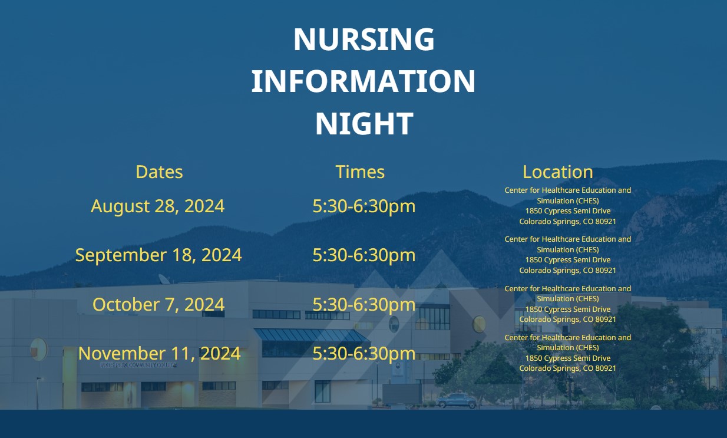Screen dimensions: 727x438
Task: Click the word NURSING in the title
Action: (364, 39)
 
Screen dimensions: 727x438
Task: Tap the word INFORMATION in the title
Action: (363, 81)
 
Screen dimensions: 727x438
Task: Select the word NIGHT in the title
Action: (364, 123)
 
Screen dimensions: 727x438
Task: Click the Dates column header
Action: (159, 172)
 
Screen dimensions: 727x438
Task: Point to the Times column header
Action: (360, 172)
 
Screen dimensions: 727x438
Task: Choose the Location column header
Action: (557, 172)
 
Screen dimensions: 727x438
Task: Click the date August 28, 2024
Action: (158, 206)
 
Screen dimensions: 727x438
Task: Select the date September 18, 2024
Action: (158, 255)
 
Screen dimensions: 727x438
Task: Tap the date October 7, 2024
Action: (158, 305)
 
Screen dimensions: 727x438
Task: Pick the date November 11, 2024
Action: (159, 354)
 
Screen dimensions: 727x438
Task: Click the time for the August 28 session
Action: (364, 206)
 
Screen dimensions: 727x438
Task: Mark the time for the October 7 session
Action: (364, 305)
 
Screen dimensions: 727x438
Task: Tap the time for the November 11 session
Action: (364, 354)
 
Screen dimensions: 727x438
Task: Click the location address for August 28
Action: (568, 206)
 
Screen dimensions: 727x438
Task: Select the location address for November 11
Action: (568, 353)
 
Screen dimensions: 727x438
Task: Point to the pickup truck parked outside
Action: (457, 401)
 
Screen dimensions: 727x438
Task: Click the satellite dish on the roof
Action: (164, 279)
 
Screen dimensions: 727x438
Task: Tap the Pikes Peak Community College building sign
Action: (139, 365)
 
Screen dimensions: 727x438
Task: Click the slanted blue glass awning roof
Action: (312, 335)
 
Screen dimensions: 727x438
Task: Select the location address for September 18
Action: (568, 255)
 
